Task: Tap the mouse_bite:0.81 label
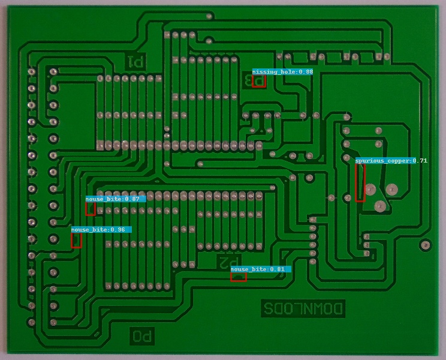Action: point(261,269)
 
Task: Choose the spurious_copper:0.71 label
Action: point(391,161)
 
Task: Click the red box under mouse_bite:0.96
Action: point(76,240)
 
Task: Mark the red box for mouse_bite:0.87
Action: point(90,208)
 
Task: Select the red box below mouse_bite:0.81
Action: point(238,277)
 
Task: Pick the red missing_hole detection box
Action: point(258,82)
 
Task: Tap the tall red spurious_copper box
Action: point(360,182)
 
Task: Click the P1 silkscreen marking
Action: point(135,61)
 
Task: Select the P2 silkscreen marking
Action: point(226,262)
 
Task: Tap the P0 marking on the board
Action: point(143,336)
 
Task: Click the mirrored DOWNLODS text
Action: point(303,308)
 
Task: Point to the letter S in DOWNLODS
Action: point(267,308)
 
